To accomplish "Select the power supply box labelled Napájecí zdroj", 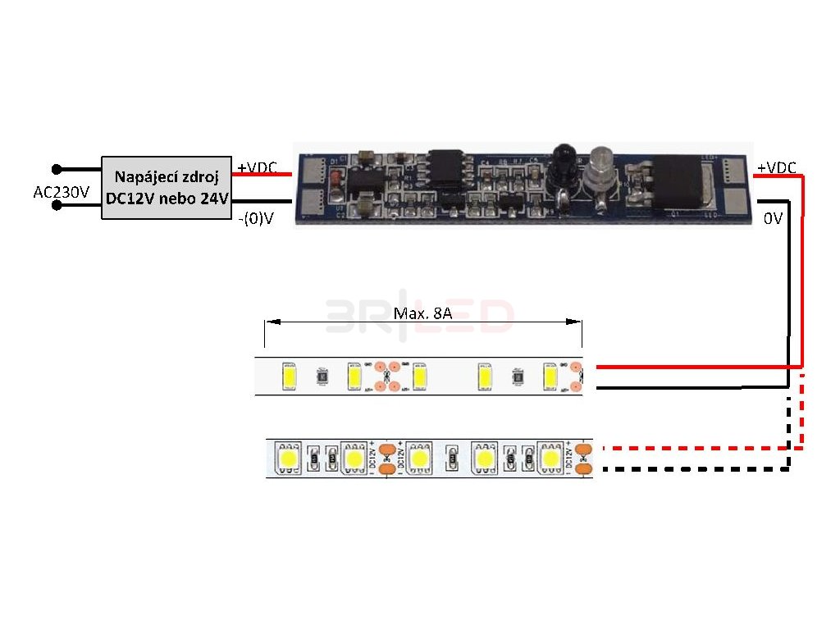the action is pos(167,188).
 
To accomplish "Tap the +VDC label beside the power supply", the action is pos(257,167).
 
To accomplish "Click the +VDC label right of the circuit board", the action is pos(776,167).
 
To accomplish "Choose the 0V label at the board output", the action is pos(774,219).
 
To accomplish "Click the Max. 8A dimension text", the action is pos(422,313).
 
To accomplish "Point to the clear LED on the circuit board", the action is pos(598,160).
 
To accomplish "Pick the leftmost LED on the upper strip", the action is pos(289,377).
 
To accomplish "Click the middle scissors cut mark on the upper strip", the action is pos(386,377).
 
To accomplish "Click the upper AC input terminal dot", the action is pos(56,169).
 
